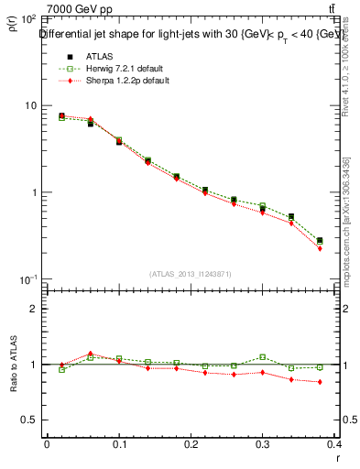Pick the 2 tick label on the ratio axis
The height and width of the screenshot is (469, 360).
pyautogui.click(x=33, y=309)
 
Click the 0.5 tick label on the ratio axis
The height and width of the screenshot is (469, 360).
pyautogui.click(x=28, y=420)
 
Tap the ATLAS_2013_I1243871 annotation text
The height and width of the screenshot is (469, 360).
pyautogui.click(x=191, y=274)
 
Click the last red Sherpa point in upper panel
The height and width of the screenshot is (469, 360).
pyautogui.click(x=320, y=248)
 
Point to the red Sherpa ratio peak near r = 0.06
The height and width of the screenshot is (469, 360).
pyautogui.click(x=91, y=354)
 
